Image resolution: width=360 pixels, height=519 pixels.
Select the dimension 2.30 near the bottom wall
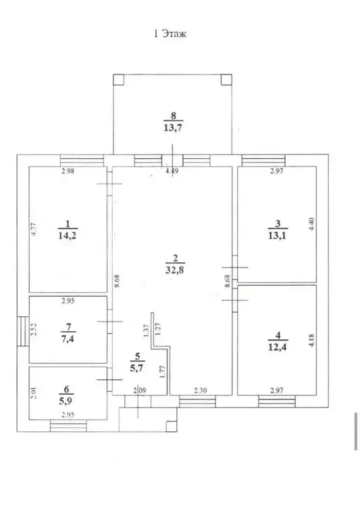201,389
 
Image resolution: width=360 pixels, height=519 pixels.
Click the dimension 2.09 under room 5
138,389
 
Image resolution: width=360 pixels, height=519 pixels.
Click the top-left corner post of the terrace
118,79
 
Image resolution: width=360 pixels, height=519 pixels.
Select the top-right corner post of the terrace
228,79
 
